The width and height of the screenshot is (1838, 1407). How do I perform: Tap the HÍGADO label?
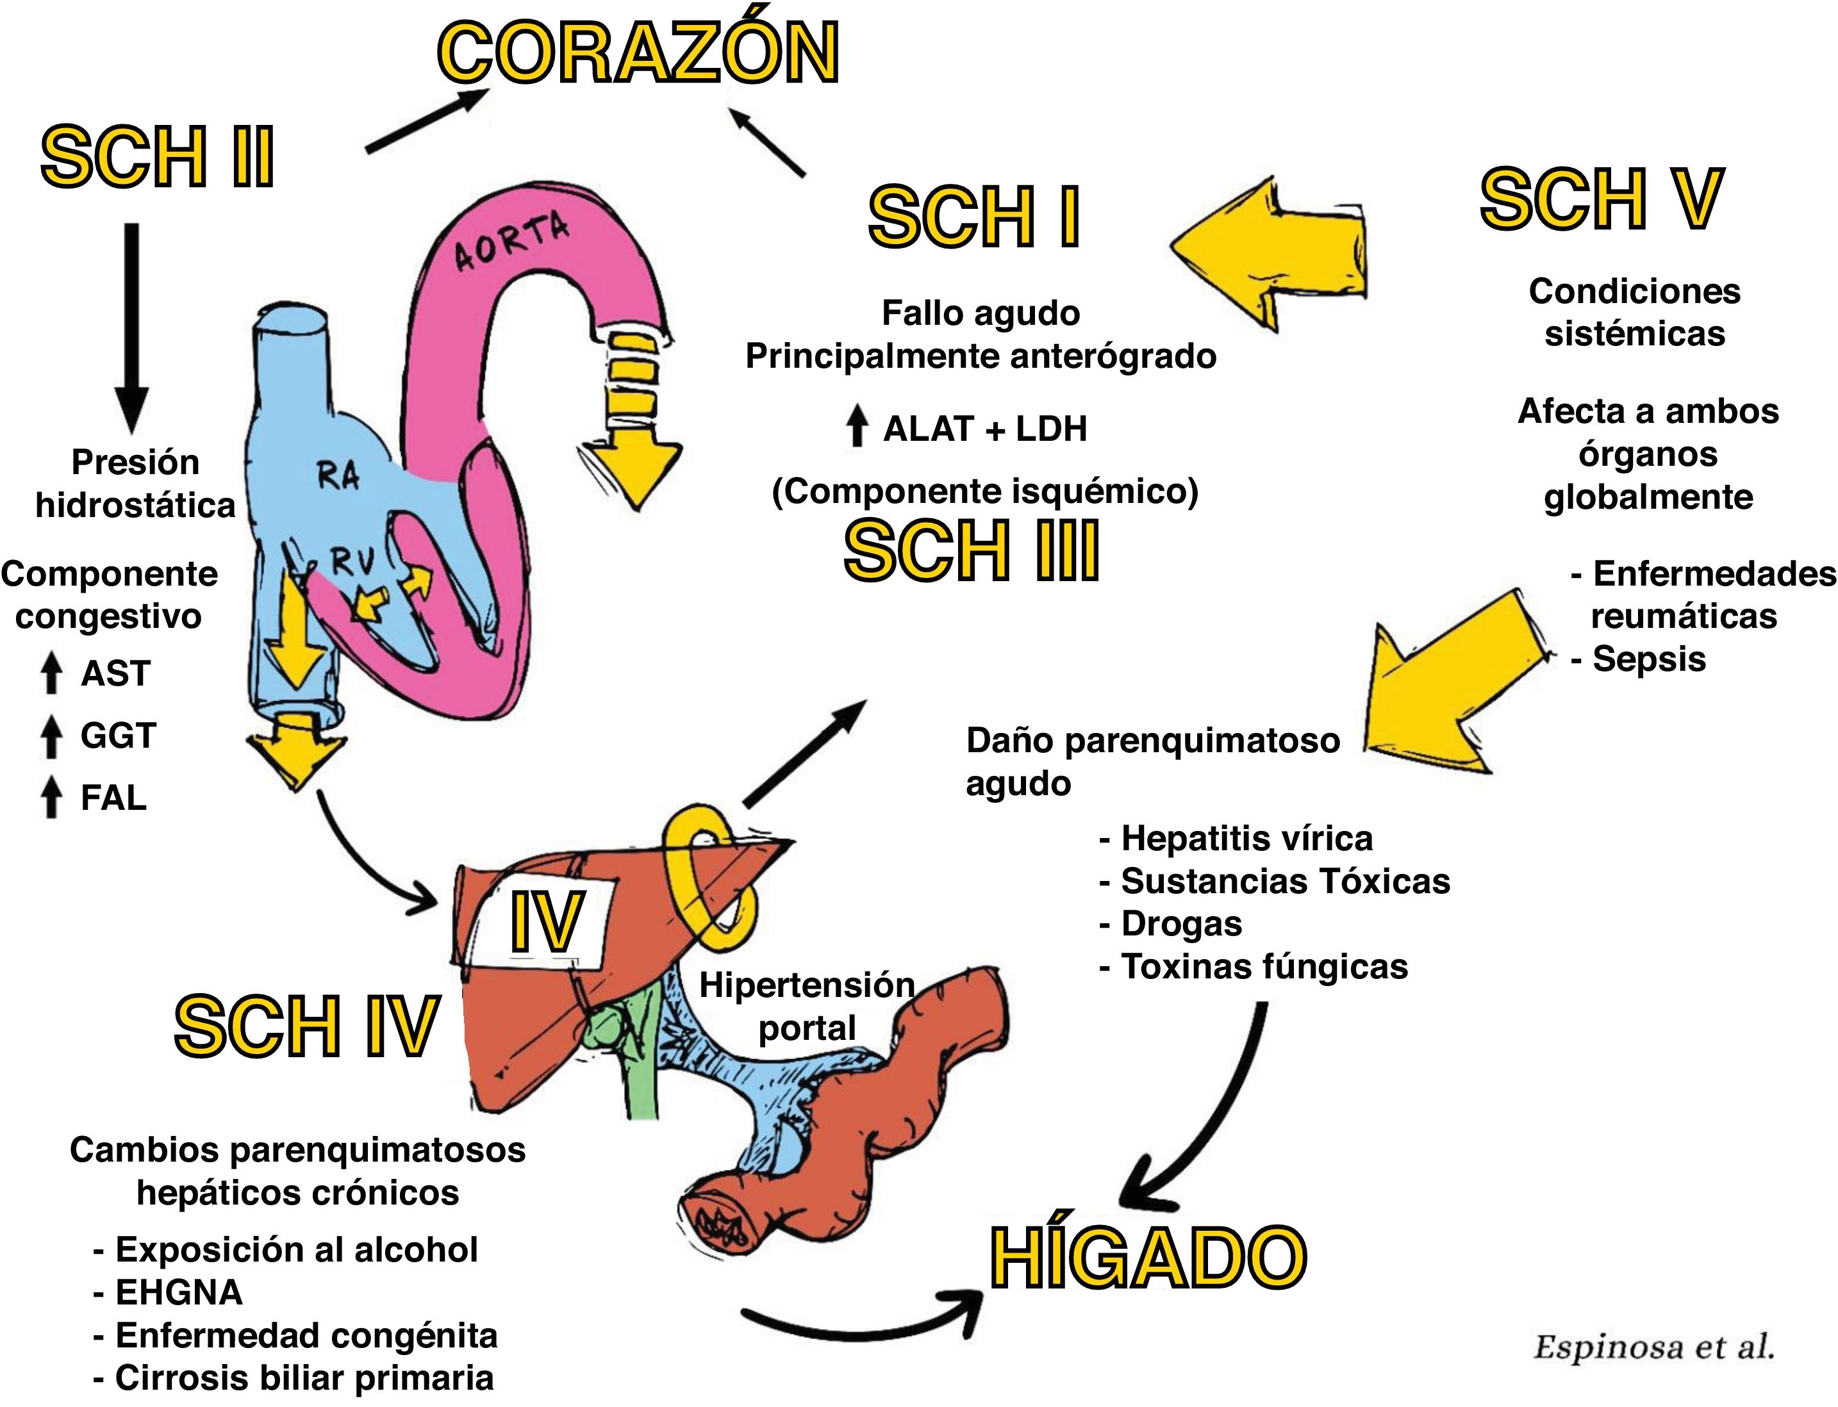[1148, 1258]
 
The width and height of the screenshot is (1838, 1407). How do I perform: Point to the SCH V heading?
[1601, 199]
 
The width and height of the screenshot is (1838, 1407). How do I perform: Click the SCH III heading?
[971, 551]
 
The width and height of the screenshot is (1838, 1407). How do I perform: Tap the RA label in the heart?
[338, 477]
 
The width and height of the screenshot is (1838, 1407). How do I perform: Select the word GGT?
[118, 736]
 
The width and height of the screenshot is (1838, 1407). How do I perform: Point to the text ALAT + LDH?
[984, 429]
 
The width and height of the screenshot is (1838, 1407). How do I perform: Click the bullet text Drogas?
[1180, 924]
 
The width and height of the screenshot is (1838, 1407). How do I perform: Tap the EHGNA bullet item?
[178, 1292]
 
